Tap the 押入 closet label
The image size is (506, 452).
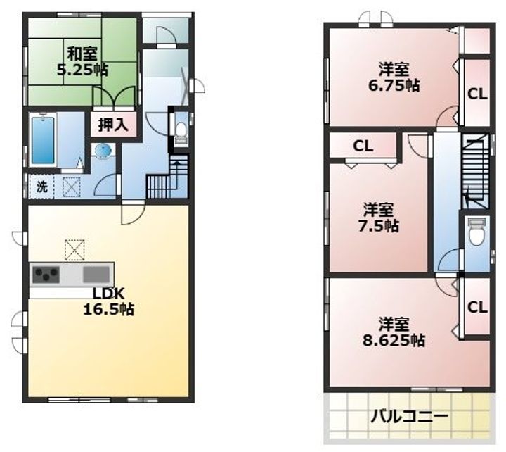coord(112,126)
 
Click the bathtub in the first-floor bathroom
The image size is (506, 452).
coord(43,140)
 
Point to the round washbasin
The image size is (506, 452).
coord(103,151)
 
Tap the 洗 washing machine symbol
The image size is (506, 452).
coord(41,187)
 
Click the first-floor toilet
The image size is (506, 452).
coord(181,132)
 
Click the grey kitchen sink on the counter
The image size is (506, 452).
coord(97,274)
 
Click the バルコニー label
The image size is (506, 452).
coord(409,417)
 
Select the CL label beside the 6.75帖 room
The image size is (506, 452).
coord(477,93)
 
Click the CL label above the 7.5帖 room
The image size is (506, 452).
coord(363,146)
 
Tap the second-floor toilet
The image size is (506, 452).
coord(475,234)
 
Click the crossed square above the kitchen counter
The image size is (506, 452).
coord(74,249)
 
